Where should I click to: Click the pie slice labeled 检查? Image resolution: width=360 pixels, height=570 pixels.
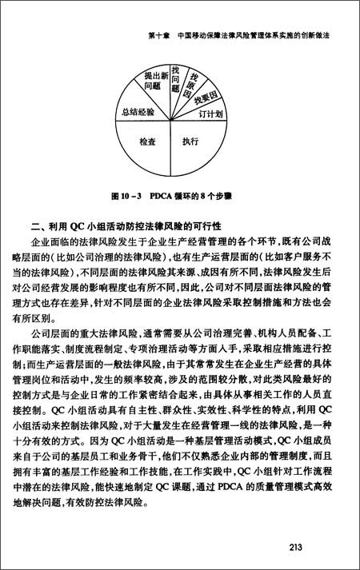coord(147,142)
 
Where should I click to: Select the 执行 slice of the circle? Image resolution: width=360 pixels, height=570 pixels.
coord(190,142)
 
